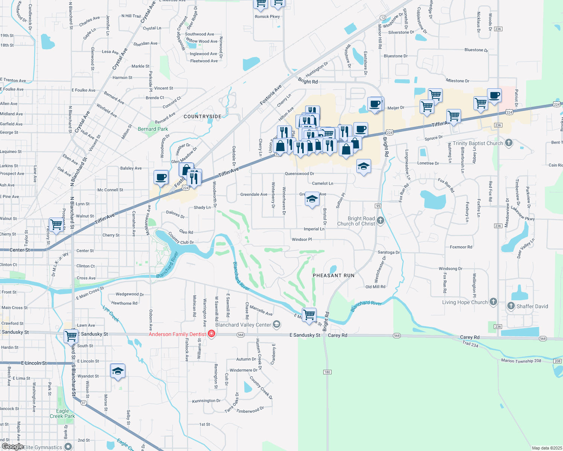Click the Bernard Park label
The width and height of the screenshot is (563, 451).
pos(153,129)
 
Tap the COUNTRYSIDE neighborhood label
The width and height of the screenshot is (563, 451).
pos(202,117)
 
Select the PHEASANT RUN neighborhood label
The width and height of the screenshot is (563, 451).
pos(333,275)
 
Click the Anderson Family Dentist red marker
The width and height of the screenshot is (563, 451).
pos(212,334)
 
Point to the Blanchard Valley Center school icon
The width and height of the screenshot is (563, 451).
pos(277,325)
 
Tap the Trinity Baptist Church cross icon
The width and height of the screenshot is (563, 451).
pos(509,143)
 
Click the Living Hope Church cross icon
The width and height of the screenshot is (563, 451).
pos(493,302)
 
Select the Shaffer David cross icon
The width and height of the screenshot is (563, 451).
pos(511,306)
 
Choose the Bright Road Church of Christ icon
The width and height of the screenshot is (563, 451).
pos(380,221)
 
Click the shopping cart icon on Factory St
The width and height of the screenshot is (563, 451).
pos(56,225)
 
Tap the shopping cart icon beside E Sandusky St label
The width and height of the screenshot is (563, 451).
pos(71,336)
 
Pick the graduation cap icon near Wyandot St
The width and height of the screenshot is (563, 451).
pos(118,371)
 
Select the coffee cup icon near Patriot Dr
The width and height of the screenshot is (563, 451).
pos(494,95)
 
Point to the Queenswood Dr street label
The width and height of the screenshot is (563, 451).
pos(300,174)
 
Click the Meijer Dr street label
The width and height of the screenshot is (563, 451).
pos(396,108)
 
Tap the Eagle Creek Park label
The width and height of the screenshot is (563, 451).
pos(62,413)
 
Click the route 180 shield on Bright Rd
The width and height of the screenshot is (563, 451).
pos(327,372)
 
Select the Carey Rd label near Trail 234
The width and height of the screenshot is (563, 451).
pos(470,337)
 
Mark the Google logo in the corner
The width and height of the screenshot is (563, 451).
pos(12,446)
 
